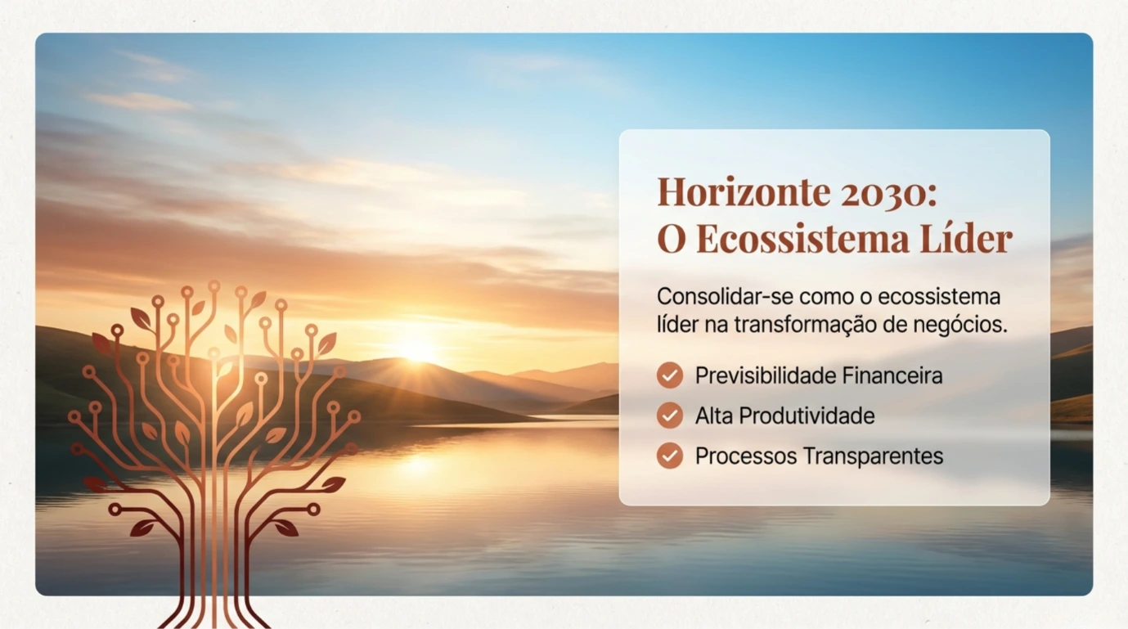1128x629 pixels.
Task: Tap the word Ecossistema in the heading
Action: tap(803, 238)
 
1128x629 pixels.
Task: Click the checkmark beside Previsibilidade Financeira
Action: tap(670, 375)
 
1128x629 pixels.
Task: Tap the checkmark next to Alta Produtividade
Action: tap(670, 416)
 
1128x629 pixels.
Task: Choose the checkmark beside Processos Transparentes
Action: tap(670, 456)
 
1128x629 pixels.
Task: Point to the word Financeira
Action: tap(892, 375)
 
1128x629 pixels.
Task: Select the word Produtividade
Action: tap(807, 416)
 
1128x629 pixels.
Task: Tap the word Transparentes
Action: tap(873, 456)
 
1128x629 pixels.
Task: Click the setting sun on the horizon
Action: tap(416, 351)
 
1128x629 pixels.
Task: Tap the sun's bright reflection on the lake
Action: tap(418, 463)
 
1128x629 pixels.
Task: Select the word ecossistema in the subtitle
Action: tap(940, 297)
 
